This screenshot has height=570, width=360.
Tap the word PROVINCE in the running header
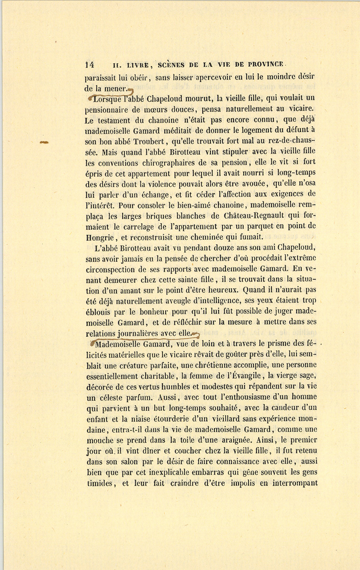[x=266, y=64]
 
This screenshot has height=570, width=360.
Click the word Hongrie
[x=99, y=237]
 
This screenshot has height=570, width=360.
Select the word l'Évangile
[x=243, y=376]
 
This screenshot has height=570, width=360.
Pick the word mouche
[x=99, y=440]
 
